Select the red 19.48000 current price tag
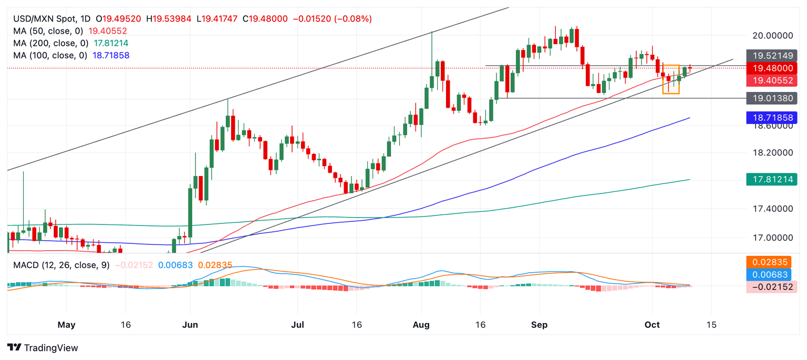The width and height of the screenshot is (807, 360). click(771, 68)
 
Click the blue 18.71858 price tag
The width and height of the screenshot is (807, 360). click(771, 118)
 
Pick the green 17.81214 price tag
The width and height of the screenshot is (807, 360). click(771, 180)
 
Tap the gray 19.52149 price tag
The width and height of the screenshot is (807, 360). click(771, 55)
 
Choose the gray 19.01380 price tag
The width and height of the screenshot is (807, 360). click(771, 98)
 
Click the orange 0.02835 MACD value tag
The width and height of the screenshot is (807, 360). click(771, 262)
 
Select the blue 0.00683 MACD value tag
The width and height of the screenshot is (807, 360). click(771, 274)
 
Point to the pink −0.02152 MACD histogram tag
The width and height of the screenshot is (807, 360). click(771, 286)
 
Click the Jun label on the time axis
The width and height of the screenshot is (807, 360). click(190, 325)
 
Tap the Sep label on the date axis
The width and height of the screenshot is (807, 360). click(540, 325)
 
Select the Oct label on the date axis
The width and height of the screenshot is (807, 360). click(652, 325)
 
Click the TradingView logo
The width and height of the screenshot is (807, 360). click(43, 347)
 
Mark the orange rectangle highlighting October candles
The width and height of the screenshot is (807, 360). click(671, 79)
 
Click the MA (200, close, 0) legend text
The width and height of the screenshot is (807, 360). click(50, 43)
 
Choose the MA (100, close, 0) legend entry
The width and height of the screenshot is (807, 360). click(50, 55)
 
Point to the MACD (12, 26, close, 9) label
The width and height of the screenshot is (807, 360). click(61, 265)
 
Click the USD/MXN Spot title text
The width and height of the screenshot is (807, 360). click(46, 19)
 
